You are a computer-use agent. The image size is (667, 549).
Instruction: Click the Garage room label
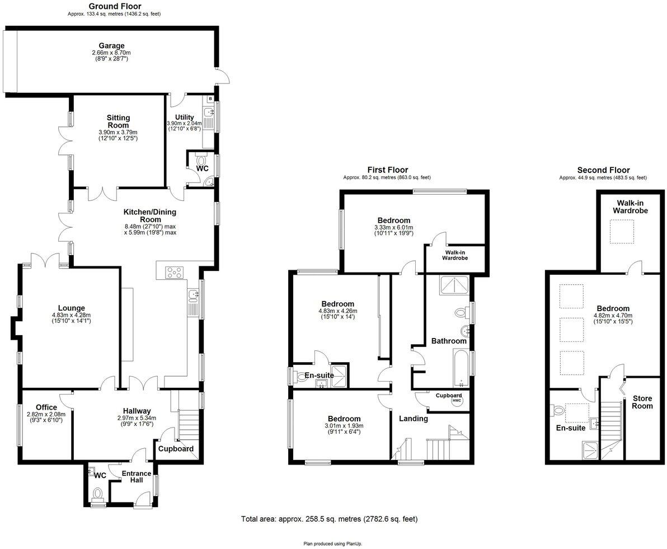click(111, 45)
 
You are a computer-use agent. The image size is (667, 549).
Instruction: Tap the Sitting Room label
click(118, 121)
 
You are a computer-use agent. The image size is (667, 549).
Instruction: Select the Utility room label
click(184, 116)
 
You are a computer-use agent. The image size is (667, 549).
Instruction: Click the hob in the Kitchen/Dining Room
click(175, 273)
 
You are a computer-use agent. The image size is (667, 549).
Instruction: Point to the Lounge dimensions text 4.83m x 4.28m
click(71, 315)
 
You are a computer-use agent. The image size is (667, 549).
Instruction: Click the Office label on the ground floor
click(46, 407)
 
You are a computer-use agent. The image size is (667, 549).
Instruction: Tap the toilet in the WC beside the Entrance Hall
click(98, 494)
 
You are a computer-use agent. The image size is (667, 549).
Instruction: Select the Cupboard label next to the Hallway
click(176, 449)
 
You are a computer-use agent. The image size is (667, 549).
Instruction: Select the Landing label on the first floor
click(413, 418)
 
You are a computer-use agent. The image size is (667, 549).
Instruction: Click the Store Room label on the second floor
click(642, 402)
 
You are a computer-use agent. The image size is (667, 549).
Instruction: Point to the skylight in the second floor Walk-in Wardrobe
click(621, 232)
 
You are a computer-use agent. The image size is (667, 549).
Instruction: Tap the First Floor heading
click(387, 170)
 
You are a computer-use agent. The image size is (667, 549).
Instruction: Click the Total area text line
click(329, 519)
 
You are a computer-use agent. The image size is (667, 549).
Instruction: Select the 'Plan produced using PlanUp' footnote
click(333, 543)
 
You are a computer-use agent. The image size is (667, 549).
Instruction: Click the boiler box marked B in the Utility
click(210, 98)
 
